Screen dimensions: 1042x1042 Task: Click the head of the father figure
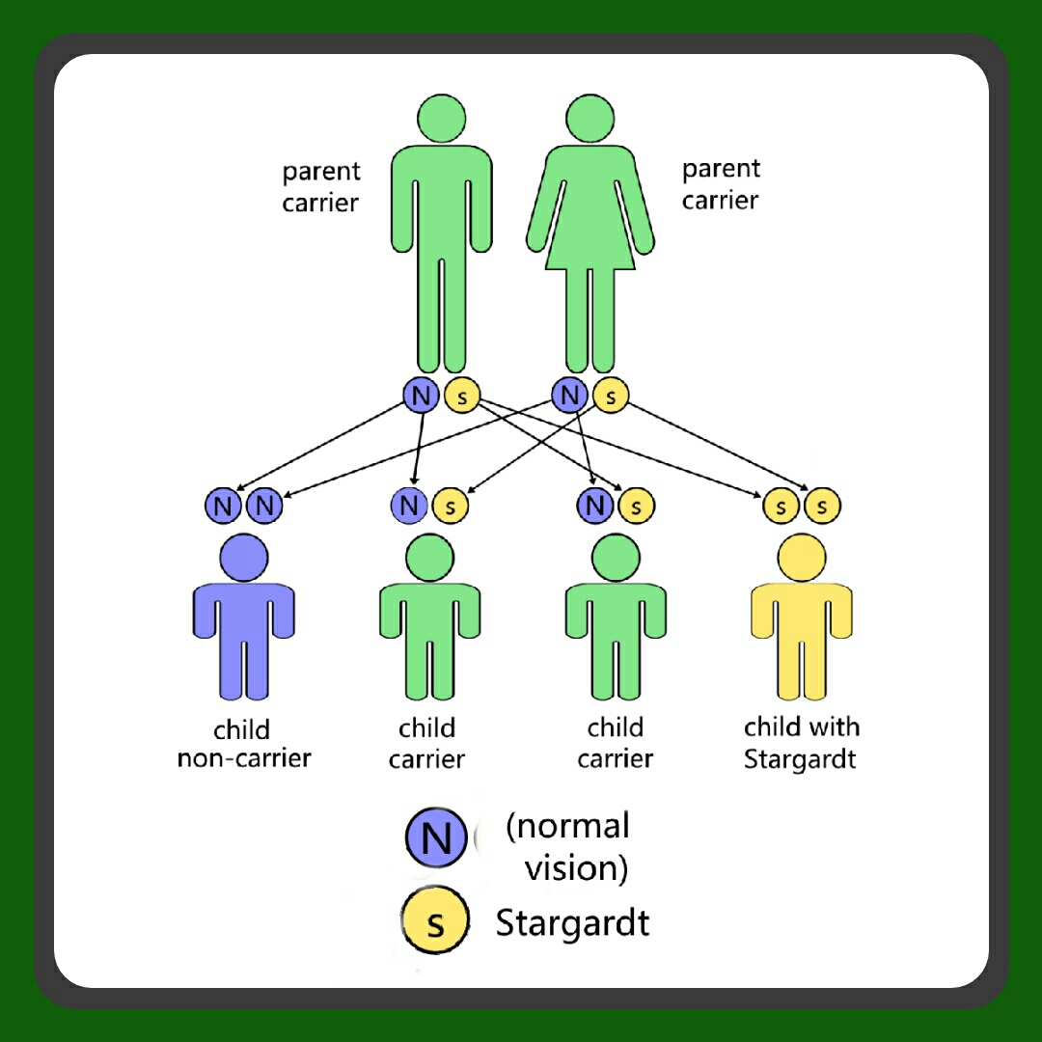pos(442,119)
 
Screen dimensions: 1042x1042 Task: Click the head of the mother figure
pos(590,119)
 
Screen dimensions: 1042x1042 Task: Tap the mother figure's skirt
pos(590,236)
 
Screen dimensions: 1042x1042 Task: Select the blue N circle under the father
pos(421,395)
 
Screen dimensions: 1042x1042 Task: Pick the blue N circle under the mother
pos(570,395)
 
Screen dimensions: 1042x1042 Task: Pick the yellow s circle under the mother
pos(611,395)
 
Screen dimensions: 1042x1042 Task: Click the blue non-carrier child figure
pos(244,627)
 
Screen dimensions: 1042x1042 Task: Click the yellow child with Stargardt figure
pos(801,627)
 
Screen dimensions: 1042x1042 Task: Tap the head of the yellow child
pos(801,559)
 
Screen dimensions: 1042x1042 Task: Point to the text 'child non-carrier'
pos(243,744)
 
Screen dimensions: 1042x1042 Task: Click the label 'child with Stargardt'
pos(801,743)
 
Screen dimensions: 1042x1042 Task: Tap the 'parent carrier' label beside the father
pos(320,187)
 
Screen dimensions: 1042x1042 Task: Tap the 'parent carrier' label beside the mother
pos(721,184)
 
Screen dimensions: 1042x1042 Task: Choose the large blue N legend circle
pos(437,836)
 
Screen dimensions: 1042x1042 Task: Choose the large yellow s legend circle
pos(436,922)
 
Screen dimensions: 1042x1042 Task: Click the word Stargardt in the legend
pos(572,923)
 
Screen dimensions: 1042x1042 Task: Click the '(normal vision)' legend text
pos(570,846)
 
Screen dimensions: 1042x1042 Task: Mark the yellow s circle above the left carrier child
pos(450,506)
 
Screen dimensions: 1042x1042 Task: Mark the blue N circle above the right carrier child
pos(595,506)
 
